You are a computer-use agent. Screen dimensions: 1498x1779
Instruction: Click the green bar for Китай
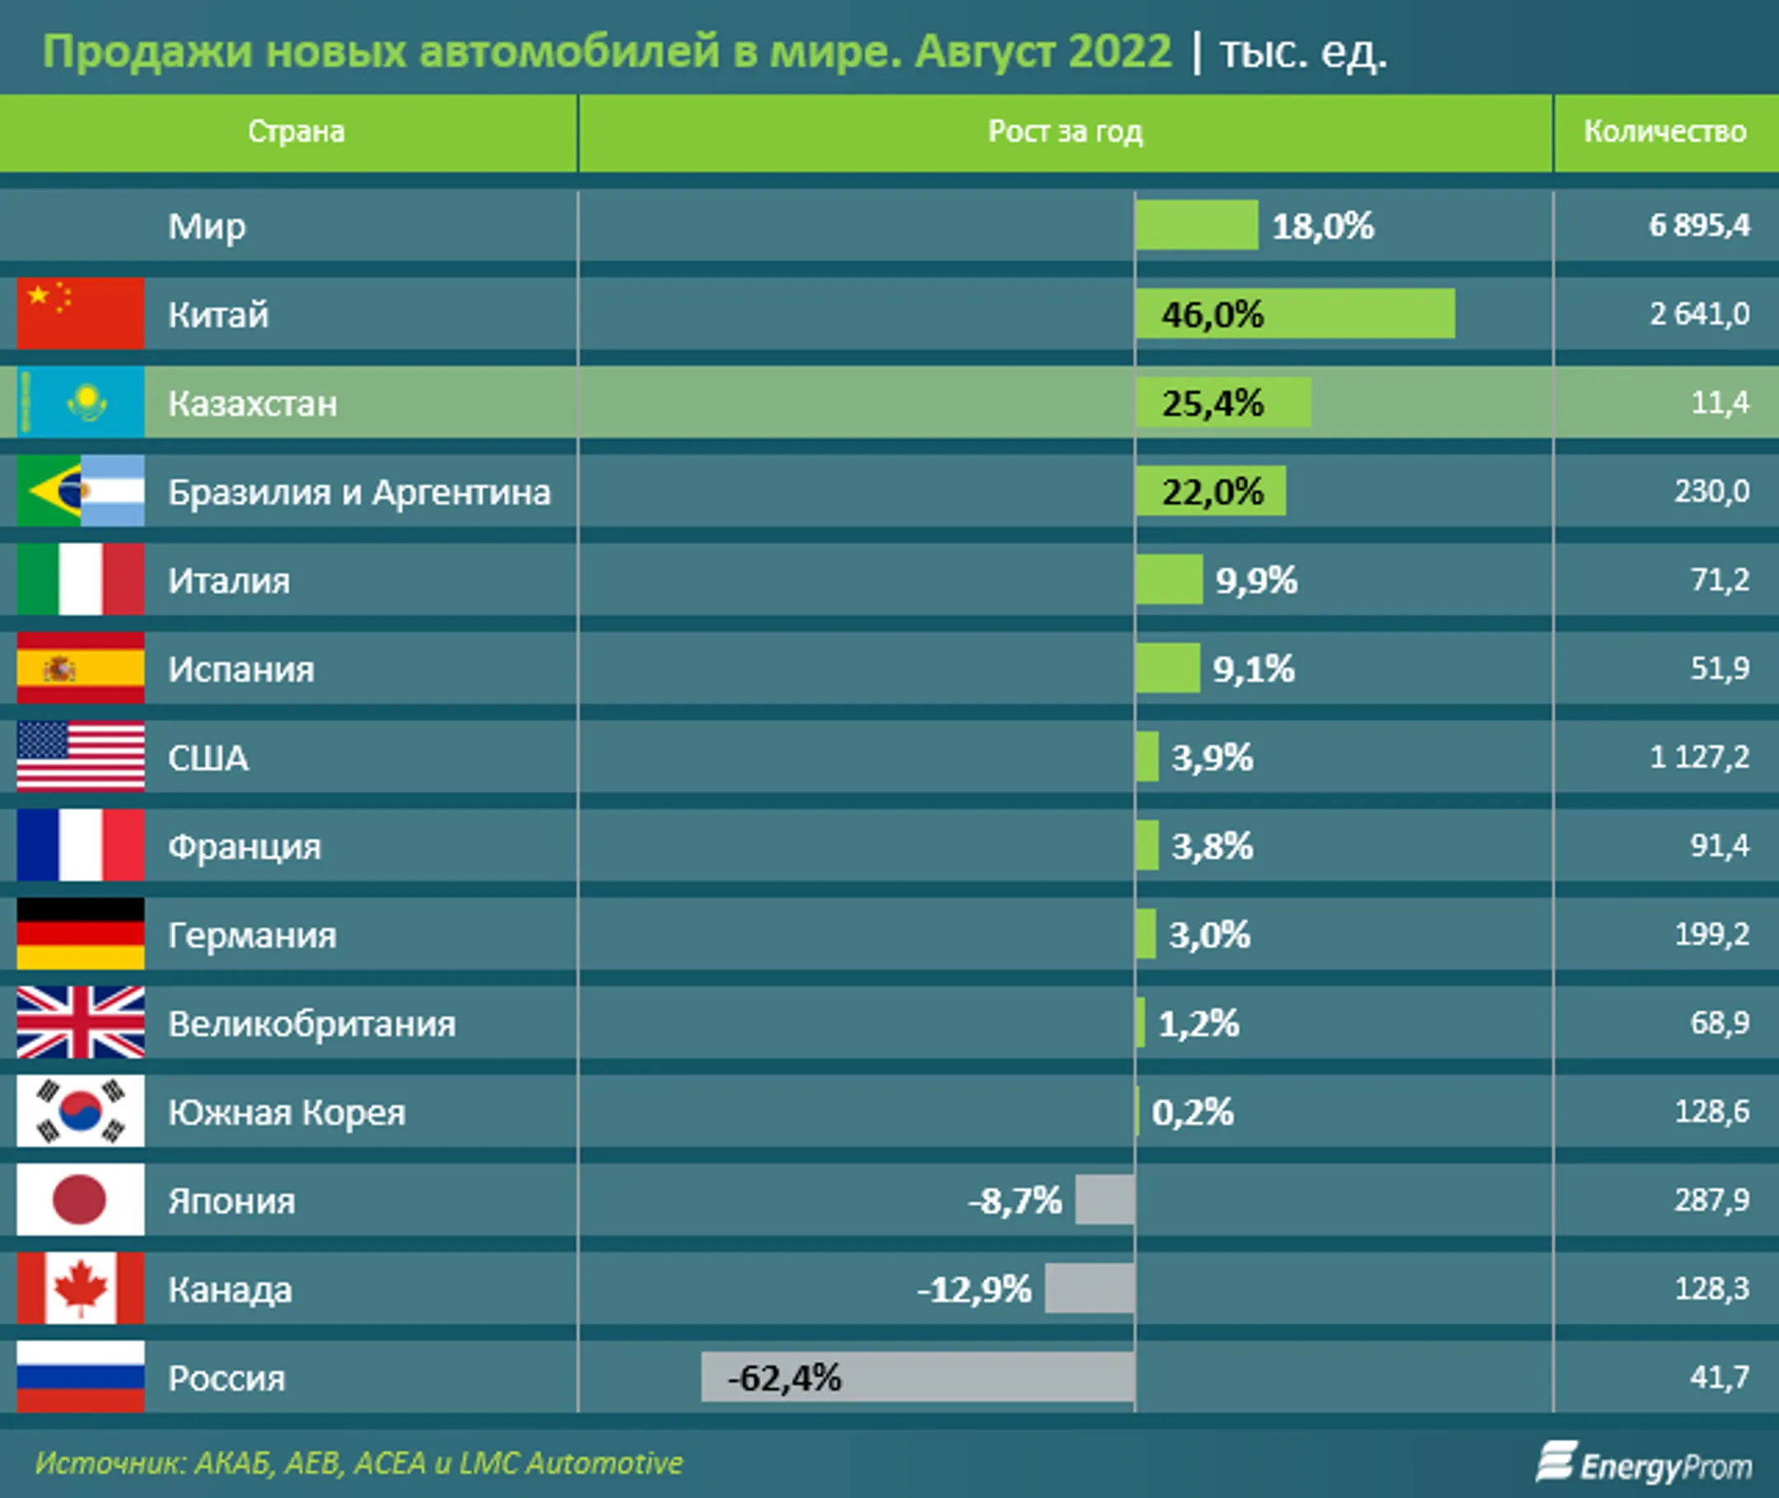(1295, 314)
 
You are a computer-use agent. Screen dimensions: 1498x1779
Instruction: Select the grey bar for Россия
(918, 1376)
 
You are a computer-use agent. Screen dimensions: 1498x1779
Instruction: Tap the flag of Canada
(81, 1287)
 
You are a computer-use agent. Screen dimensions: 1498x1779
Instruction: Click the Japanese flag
(81, 1199)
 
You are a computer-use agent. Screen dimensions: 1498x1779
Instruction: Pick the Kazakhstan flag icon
(81, 402)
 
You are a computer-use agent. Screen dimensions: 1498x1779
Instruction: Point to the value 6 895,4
(1698, 225)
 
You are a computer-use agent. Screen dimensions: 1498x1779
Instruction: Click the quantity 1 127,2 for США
(1698, 756)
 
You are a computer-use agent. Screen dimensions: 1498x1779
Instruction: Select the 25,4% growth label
(1212, 403)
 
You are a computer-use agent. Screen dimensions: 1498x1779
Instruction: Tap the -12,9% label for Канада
(974, 1289)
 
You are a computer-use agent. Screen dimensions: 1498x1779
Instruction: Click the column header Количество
(1665, 132)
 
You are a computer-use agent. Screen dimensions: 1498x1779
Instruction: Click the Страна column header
(296, 132)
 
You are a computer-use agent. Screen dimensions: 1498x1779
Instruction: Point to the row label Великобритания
(311, 1023)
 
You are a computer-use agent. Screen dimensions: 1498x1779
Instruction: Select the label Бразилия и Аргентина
(358, 491)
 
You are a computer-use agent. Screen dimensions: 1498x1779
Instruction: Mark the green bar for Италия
(1169, 579)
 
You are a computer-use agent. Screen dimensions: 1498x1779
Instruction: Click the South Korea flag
(81, 1111)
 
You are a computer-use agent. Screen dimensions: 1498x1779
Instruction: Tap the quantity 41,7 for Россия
(1719, 1376)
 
